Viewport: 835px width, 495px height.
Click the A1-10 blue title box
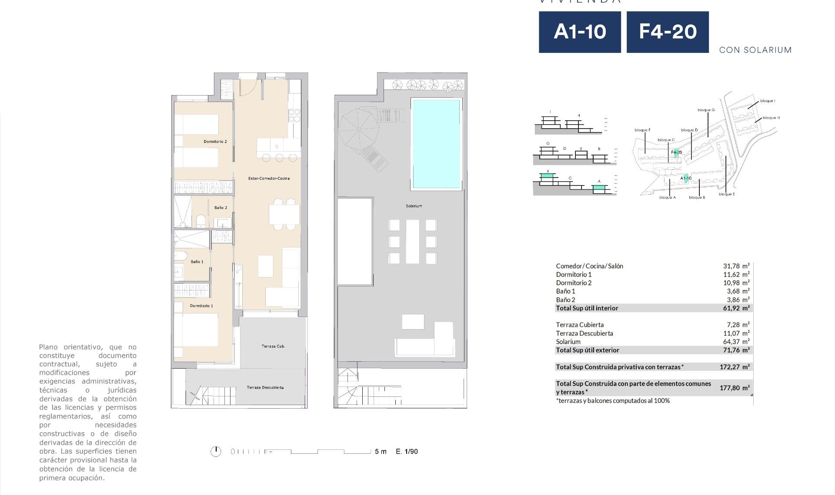tap(579, 32)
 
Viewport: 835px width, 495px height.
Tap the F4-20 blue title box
tap(667, 32)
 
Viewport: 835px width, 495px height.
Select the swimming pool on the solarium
tap(436, 144)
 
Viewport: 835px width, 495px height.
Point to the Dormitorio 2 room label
tap(215, 142)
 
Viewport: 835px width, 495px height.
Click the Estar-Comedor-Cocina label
tap(269, 178)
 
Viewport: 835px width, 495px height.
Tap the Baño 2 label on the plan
tap(220, 208)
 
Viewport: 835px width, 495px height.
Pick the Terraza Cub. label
tap(273, 346)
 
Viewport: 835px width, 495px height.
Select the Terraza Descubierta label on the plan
tap(265, 388)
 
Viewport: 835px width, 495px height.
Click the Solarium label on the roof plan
tap(414, 206)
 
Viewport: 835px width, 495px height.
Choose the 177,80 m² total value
tap(734, 388)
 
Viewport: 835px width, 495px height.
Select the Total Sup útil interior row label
tap(587, 308)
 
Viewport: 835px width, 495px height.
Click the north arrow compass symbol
tap(216, 452)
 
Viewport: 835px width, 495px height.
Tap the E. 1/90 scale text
tap(407, 452)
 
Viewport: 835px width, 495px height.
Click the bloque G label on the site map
tap(706, 110)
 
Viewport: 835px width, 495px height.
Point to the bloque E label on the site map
tap(727, 194)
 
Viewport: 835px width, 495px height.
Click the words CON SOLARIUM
tap(755, 50)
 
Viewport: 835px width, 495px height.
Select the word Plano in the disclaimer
tap(49, 347)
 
